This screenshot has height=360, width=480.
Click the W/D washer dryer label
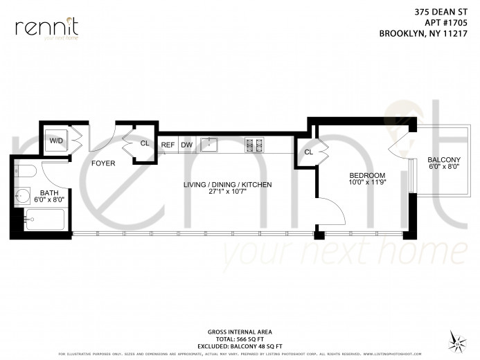tap(55, 140)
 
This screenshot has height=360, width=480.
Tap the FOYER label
tap(103, 163)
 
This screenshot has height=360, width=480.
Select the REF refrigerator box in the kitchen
tap(168, 145)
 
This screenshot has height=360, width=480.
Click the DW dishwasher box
tap(186, 145)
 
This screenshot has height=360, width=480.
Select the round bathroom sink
tap(23, 196)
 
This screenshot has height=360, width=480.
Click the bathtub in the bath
tap(44, 220)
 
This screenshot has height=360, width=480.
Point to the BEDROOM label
tap(366, 176)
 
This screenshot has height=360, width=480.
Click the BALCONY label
tap(444, 160)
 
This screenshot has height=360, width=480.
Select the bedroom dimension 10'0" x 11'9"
tap(366, 183)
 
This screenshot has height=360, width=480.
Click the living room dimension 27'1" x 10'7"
tap(227, 192)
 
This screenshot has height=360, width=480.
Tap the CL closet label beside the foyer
tap(145, 143)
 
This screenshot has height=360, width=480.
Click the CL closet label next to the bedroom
tap(308, 152)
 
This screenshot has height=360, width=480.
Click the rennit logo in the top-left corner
tap(46, 28)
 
